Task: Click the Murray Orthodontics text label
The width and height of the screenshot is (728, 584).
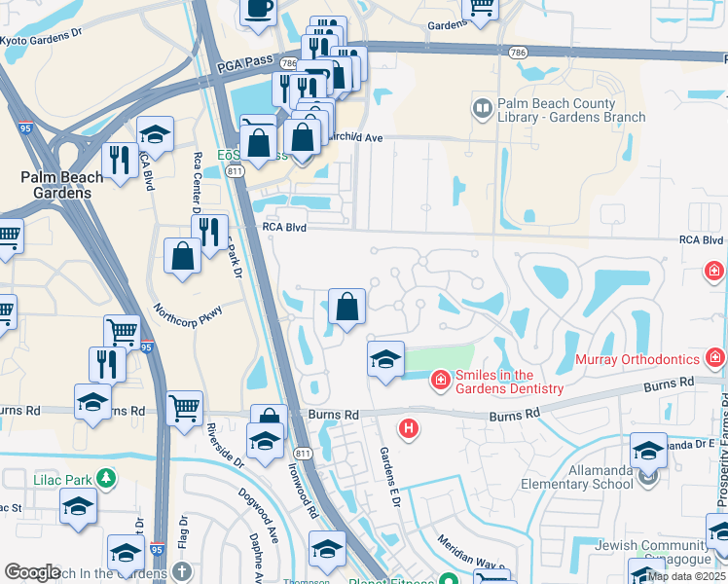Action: click(638, 360)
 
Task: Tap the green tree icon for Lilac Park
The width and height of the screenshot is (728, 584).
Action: click(105, 477)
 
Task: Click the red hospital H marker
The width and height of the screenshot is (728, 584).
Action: click(410, 427)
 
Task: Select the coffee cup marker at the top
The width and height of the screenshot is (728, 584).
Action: click(258, 10)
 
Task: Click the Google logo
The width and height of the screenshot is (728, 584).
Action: click(32, 571)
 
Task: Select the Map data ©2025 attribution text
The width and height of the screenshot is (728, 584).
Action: click(686, 575)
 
